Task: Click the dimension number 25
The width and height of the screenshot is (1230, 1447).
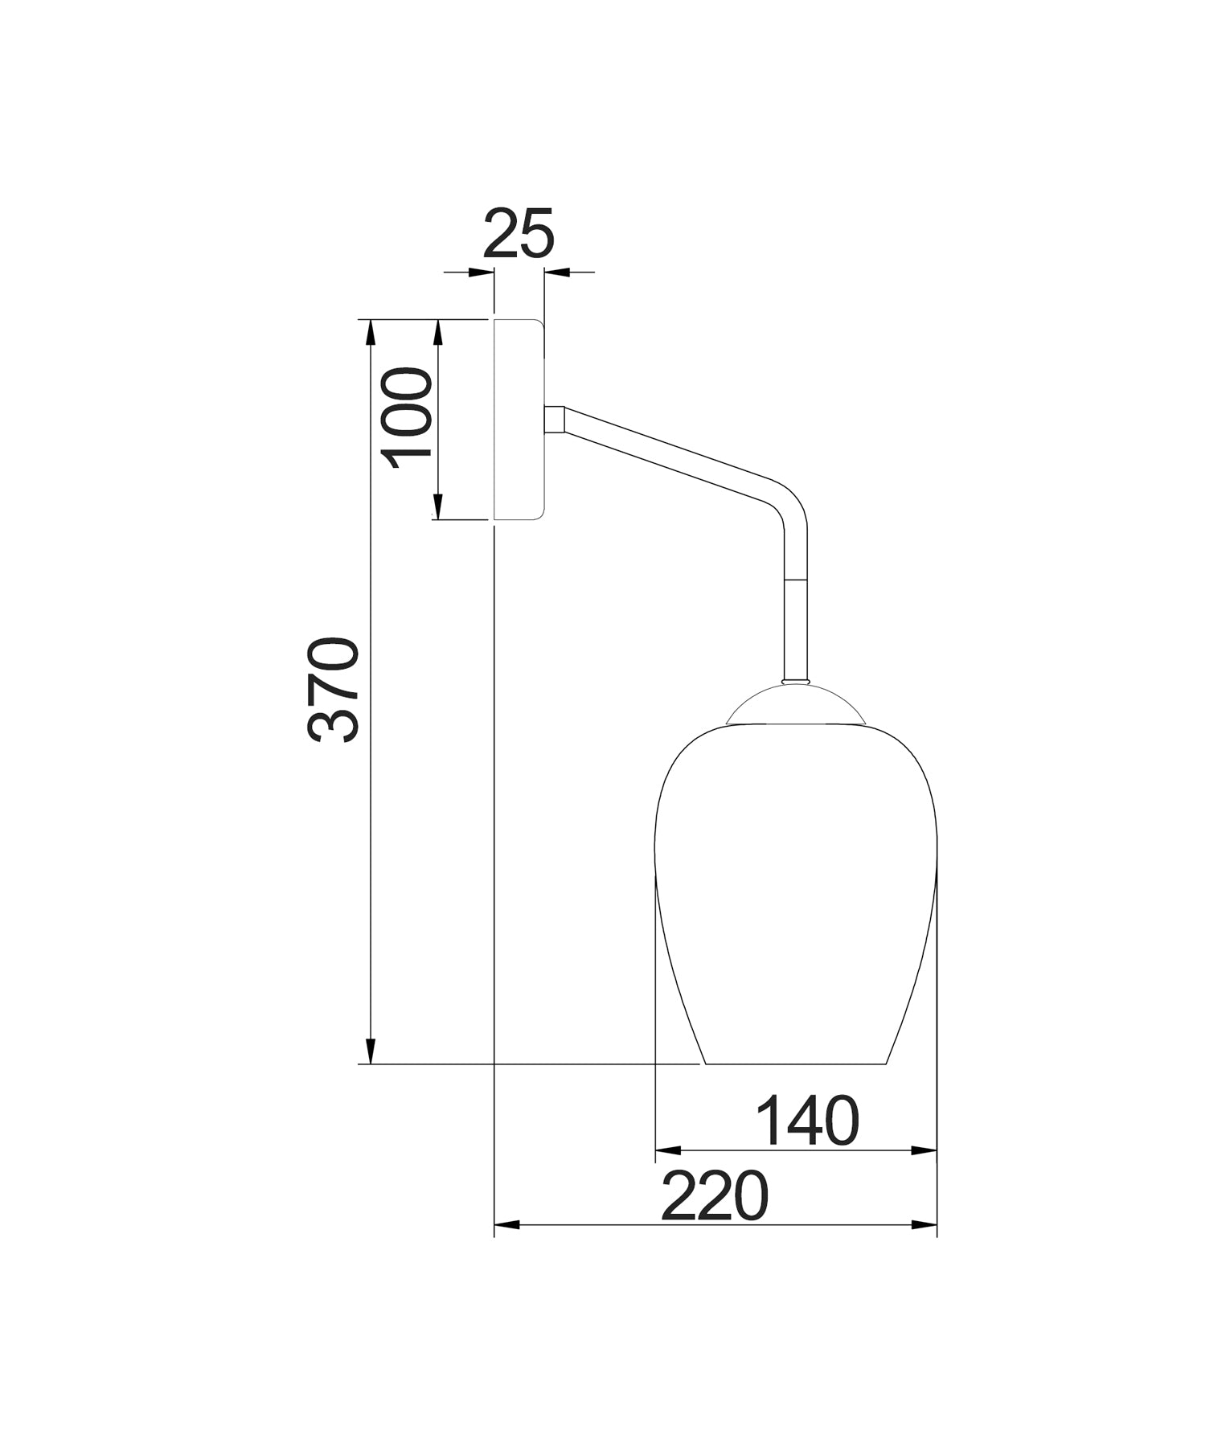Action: coord(519,233)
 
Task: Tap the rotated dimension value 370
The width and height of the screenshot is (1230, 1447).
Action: coord(332,689)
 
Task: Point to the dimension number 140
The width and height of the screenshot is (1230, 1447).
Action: coord(807,1121)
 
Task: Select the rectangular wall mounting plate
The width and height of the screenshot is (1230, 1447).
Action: coord(519,419)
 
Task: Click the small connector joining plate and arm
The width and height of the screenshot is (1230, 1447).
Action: coord(554,419)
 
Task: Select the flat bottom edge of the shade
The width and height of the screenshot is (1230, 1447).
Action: coord(796,1064)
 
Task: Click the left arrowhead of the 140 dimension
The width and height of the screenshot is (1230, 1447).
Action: coord(669,1150)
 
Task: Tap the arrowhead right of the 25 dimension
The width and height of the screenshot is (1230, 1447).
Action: coord(557,273)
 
